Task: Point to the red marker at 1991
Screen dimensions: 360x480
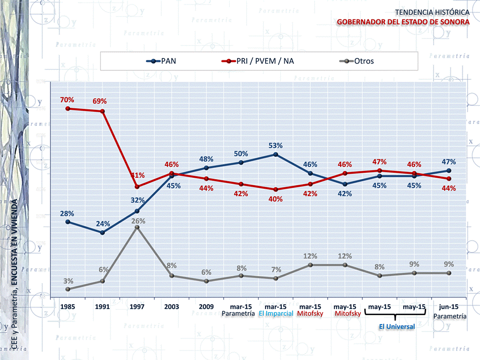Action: (x=102, y=111)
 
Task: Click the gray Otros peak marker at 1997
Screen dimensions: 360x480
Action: (x=137, y=227)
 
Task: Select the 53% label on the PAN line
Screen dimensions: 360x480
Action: (x=275, y=146)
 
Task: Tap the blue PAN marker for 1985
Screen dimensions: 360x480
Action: (x=67, y=222)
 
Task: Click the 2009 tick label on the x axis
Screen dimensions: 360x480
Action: (x=206, y=306)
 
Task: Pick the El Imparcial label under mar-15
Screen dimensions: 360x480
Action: (x=276, y=314)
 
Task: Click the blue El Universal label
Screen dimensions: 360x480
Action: (x=397, y=327)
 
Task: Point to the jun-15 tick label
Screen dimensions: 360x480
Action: (x=449, y=306)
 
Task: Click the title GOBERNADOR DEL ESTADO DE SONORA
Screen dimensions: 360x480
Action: (x=403, y=22)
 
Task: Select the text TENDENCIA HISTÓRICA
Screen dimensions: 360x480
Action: (x=432, y=11)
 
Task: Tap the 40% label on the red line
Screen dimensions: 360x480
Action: (x=275, y=199)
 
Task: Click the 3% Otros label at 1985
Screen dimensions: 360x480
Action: (x=68, y=281)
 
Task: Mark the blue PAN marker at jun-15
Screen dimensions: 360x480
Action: (x=449, y=170)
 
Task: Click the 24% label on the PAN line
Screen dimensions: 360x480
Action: (x=102, y=223)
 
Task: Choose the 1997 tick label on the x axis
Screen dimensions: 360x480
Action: (x=137, y=306)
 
